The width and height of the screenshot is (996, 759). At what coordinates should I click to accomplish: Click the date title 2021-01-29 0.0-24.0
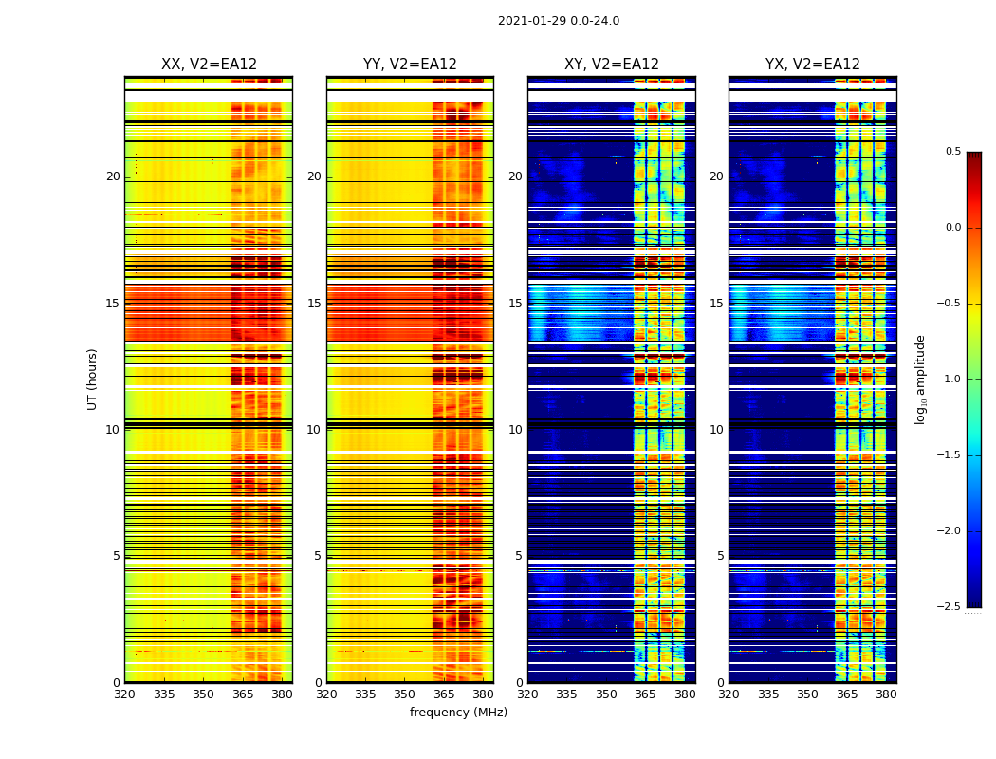pyautogui.click(x=559, y=21)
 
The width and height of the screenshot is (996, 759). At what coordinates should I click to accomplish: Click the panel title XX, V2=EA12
pyautogui.click(x=209, y=65)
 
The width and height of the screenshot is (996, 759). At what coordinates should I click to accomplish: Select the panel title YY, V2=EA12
pyautogui.click(x=410, y=65)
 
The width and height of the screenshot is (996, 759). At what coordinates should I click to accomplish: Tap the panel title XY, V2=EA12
pyautogui.click(x=612, y=65)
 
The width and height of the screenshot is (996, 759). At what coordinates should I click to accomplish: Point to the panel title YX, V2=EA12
pyautogui.click(x=813, y=65)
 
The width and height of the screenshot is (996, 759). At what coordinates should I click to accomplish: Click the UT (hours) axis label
pyautogui.click(x=93, y=379)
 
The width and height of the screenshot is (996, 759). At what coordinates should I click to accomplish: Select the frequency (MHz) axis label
pyautogui.click(x=458, y=713)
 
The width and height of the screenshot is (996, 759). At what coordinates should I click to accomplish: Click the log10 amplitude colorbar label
pyautogui.click(x=920, y=379)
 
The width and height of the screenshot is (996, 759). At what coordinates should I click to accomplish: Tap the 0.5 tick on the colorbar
pyautogui.click(x=952, y=152)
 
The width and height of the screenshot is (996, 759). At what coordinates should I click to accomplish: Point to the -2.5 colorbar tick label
pyautogui.click(x=950, y=607)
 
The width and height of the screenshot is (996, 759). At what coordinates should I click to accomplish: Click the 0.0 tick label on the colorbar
pyautogui.click(x=952, y=228)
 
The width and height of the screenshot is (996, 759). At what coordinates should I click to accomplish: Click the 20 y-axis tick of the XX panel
pyautogui.click(x=113, y=176)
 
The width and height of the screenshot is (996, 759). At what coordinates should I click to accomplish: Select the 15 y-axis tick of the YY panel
pyautogui.click(x=314, y=304)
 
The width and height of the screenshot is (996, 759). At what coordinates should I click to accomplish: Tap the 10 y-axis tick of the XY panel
pyautogui.click(x=515, y=430)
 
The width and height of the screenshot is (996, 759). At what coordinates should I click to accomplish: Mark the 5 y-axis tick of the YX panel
pyautogui.click(x=720, y=556)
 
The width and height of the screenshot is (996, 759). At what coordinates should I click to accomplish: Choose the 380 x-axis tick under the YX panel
pyautogui.click(x=886, y=694)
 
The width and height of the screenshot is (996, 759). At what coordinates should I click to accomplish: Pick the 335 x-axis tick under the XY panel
pyautogui.click(x=566, y=694)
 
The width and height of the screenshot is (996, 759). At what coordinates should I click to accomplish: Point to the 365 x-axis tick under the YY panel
pyautogui.click(x=444, y=694)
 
